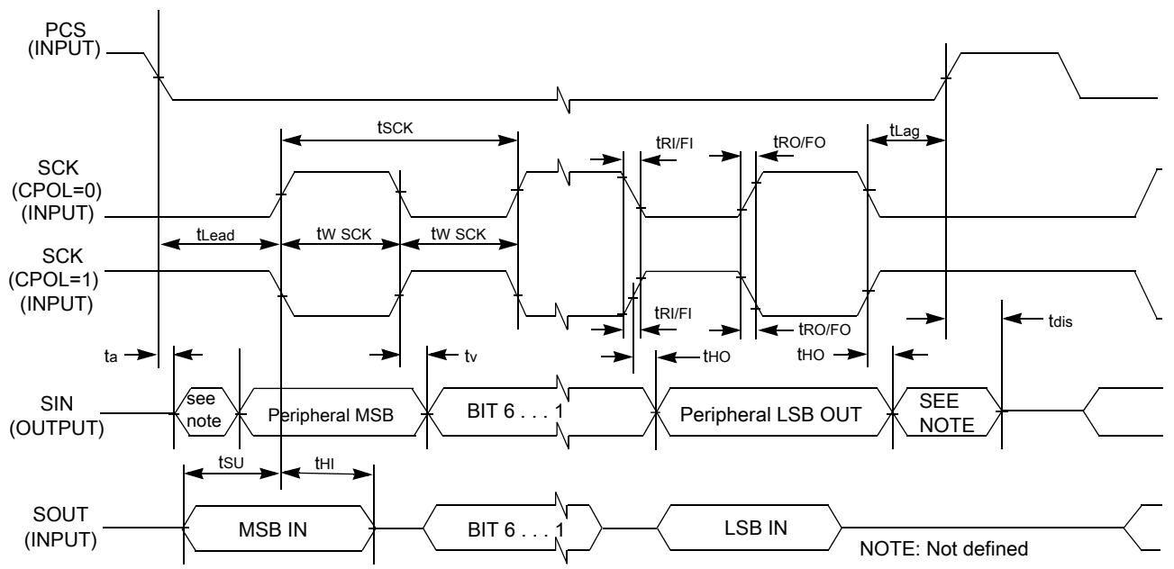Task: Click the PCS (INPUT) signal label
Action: click(64, 40)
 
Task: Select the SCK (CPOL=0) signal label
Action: click(57, 190)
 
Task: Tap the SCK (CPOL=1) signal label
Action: click(54, 280)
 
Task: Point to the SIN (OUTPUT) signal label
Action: click(57, 416)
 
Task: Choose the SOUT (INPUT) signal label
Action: click(60, 527)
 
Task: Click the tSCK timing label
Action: click(396, 127)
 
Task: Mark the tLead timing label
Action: click(215, 234)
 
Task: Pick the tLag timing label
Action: click(905, 130)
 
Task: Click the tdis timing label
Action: click(1060, 321)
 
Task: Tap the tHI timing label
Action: click(324, 463)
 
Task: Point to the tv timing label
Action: click(470, 357)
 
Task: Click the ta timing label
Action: click(111, 357)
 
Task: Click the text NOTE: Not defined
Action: click(944, 548)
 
